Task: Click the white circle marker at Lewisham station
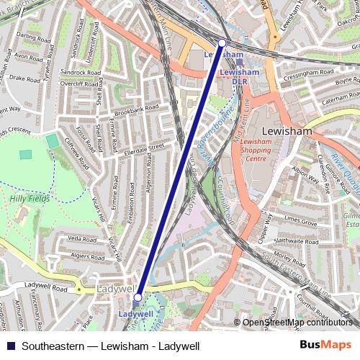click(222, 44)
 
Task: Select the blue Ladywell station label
click(135, 315)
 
